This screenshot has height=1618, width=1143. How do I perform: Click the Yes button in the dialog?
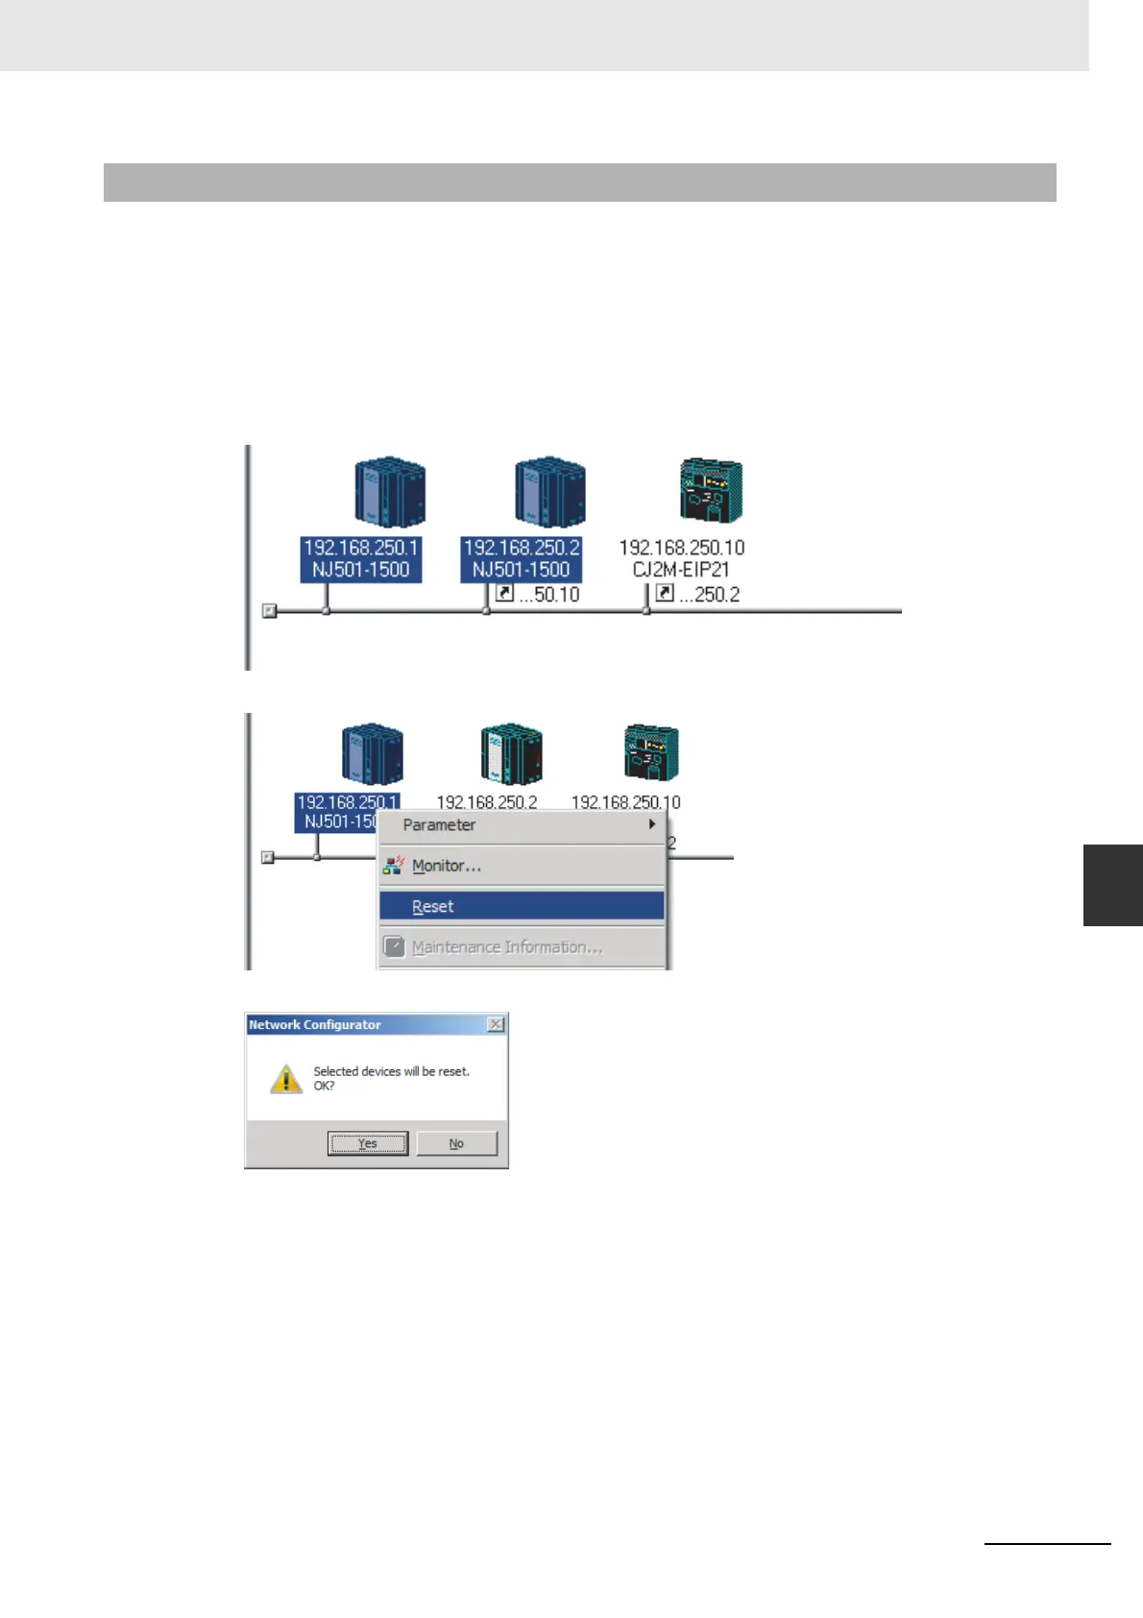point(368,1143)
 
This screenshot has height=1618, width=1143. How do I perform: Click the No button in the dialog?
point(456,1143)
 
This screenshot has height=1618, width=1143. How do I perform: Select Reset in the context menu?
point(432,906)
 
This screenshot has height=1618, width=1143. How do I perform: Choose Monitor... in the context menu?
point(446,866)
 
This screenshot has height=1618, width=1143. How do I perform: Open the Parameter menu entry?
point(439,825)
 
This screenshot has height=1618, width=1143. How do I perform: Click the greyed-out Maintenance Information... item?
point(506,947)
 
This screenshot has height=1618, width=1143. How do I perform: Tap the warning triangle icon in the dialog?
point(286,1078)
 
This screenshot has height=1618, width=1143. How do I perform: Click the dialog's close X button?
point(496,1024)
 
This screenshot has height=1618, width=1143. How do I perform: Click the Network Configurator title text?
point(315,1025)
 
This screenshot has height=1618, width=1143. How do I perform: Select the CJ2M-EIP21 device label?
point(681,570)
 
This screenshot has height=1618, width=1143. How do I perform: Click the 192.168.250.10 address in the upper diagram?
point(681,548)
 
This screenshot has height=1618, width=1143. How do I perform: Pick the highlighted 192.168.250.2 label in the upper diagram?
point(522,548)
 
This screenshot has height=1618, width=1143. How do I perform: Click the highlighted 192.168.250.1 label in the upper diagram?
point(361,548)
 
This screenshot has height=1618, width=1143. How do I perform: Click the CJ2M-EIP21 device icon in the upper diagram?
point(711,490)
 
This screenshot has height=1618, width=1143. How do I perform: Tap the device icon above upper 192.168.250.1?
point(389,492)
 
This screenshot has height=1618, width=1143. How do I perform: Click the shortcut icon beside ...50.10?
point(504,594)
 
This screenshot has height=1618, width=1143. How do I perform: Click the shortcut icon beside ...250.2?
point(664,594)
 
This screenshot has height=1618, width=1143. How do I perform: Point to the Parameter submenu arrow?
point(652,824)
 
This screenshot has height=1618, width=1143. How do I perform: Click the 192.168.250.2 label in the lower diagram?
point(487,801)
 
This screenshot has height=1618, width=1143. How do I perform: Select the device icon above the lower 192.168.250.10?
point(651,752)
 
